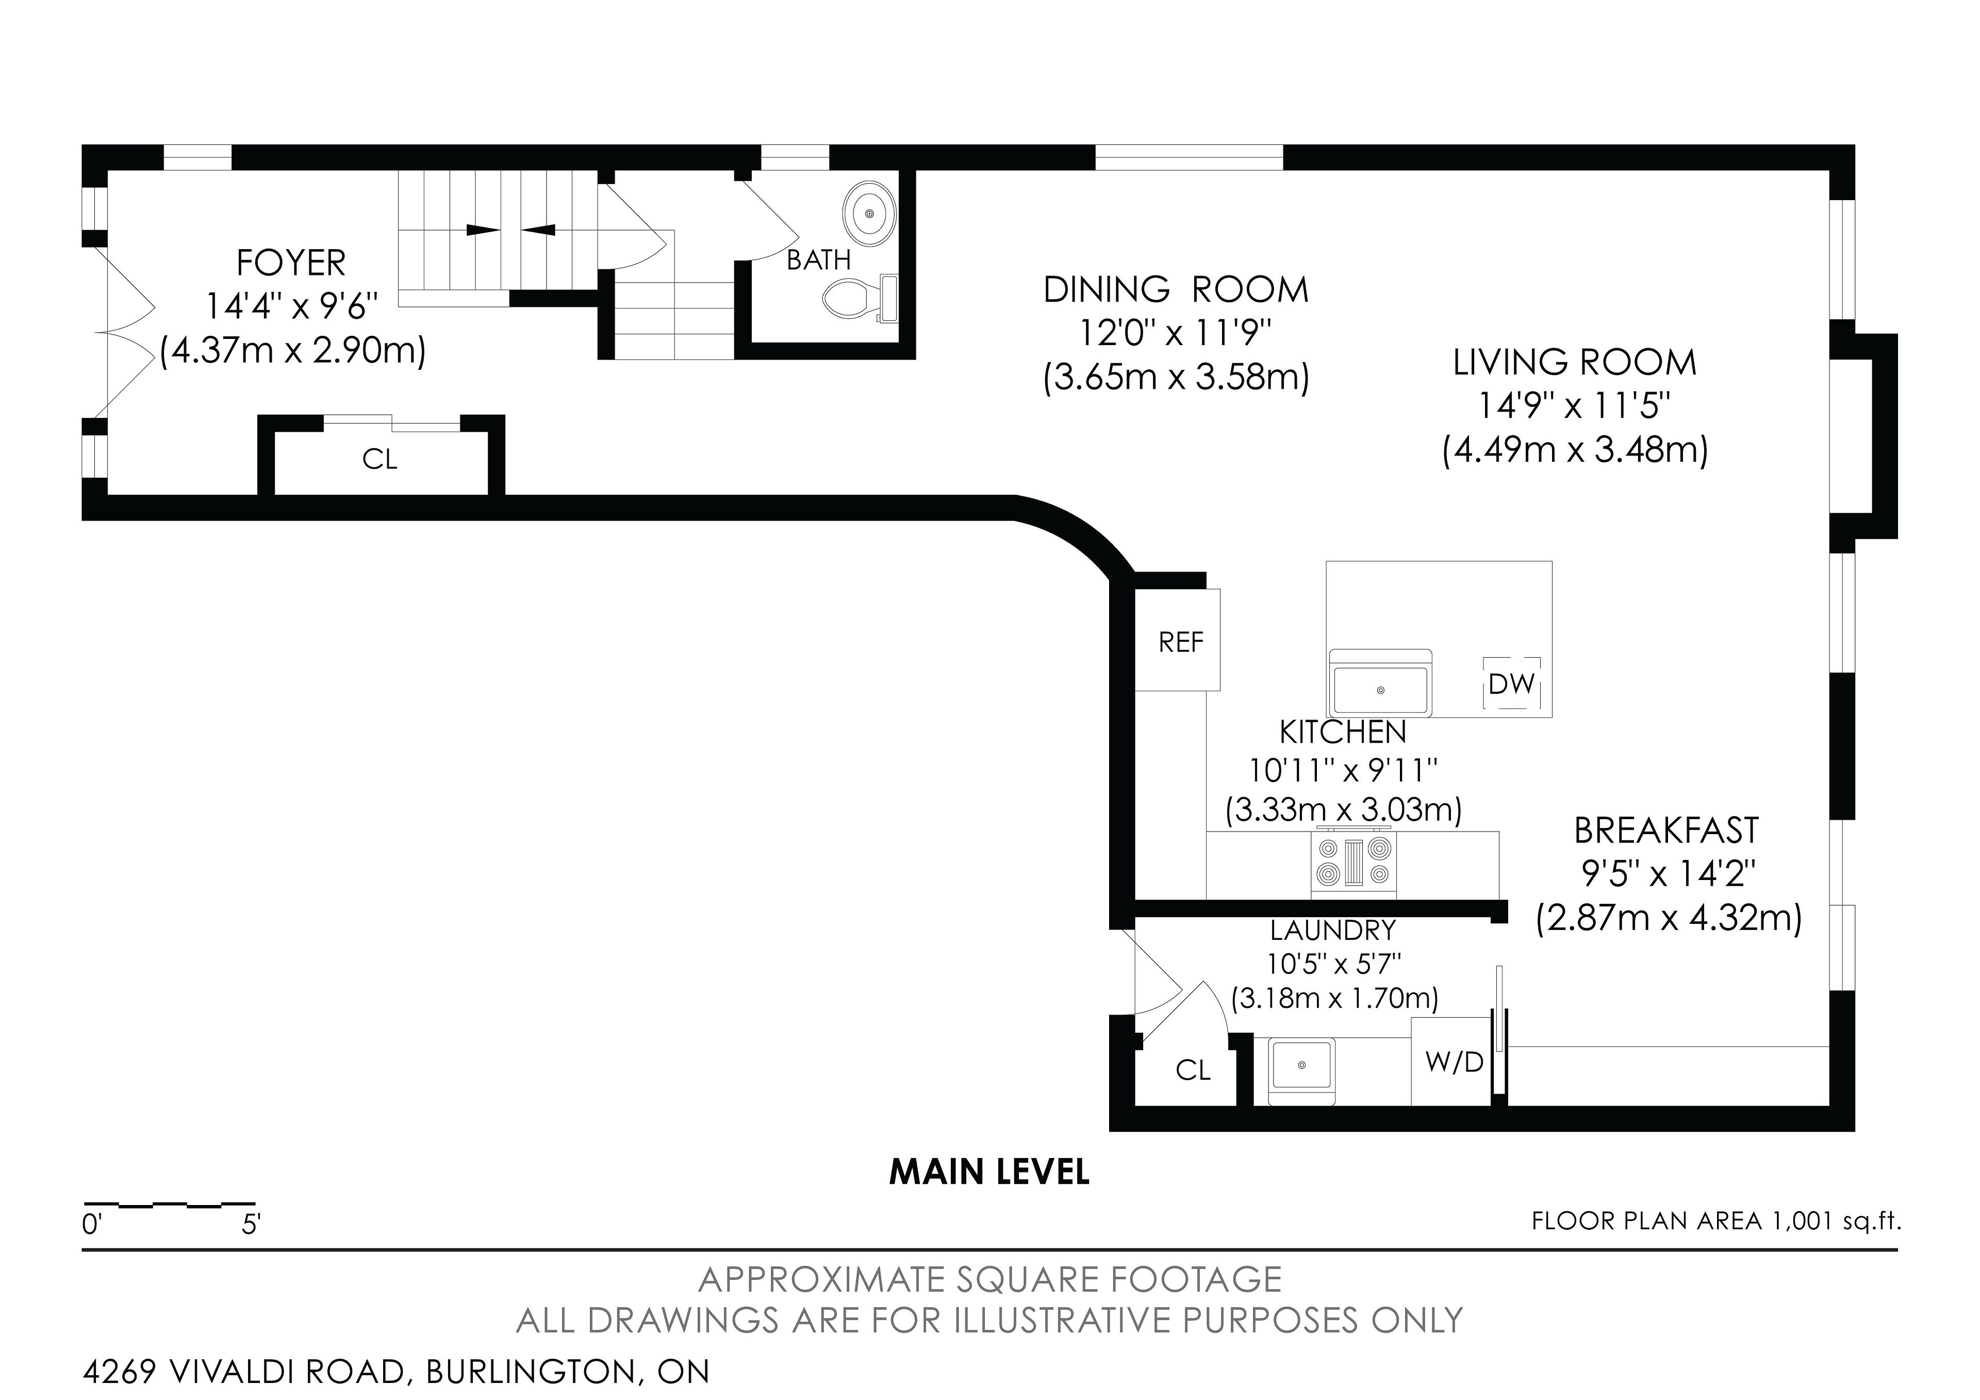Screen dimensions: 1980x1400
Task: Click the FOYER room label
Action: click(x=291, y=262)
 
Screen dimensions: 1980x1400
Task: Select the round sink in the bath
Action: click(x=869, y=212)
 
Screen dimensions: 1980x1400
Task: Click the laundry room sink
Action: click(x=1301, y=1070)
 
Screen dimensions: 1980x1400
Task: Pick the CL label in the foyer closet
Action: click(x=379, y=460)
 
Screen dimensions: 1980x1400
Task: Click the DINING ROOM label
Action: click(x=1176, y=290)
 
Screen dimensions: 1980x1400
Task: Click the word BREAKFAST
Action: click(x=1666, y=830)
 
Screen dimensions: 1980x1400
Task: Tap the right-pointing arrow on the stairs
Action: click(x=482, y=230)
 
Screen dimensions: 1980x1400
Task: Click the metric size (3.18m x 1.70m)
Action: click(x=1334, y=998)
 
